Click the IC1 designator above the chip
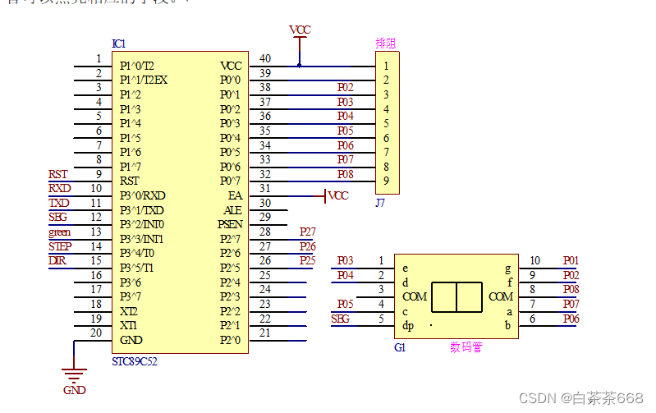[x=119, y=44]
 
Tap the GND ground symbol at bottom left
[x=74, y=379]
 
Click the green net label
[x=59, y=232]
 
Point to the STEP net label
[x=59, y=246]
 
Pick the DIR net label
[x=57, y=260]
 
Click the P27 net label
[x=307, y=232]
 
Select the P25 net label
[x=307, y=260]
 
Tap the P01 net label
[x=571, y=260]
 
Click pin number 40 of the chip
[x=265, y=58]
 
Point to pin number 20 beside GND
[x=97, y=333]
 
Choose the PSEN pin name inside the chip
[x=230, y=224]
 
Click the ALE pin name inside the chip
[x=233, y=210]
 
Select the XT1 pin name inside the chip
[x=129, y=326]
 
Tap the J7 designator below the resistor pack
[x=380, y=202]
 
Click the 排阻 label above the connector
[x=385, y=44]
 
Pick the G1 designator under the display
[x=401, y=347]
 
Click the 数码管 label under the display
[x=466, y=347]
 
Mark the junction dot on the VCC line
[x=300, y=65]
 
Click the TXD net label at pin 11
[x=59, y=203]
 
